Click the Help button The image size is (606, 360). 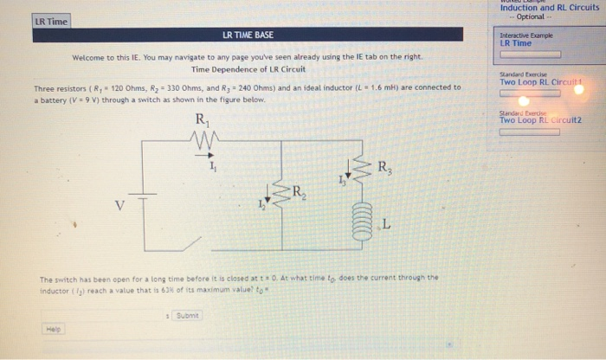tap(54, 330)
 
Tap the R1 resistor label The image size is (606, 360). tap(202, 119)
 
